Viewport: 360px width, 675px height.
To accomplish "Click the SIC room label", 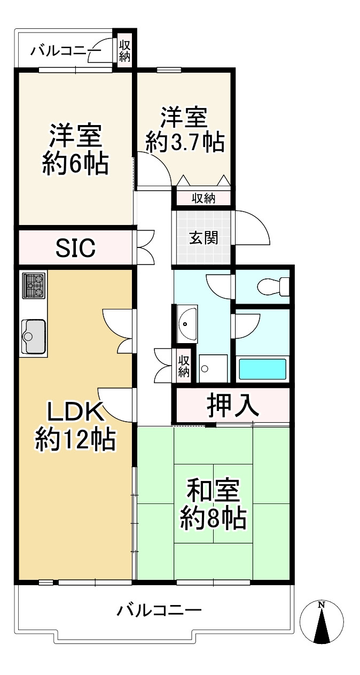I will coord(76,247).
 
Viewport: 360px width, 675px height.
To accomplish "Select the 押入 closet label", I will coord(233,406).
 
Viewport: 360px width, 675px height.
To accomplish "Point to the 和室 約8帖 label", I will coord(213,504).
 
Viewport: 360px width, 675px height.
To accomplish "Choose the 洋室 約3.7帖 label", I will coord(185,130).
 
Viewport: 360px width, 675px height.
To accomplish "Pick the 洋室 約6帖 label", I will coord(75,149).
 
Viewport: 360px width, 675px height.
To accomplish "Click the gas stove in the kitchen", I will coord(34,285).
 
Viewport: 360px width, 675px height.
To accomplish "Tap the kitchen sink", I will coord(34,336).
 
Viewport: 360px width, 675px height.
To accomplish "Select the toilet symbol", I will coord(272,288).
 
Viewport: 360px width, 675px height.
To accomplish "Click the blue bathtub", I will coord(262,369).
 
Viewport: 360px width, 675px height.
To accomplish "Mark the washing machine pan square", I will coord(213,369).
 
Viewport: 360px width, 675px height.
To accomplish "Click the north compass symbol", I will coord(322,622).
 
